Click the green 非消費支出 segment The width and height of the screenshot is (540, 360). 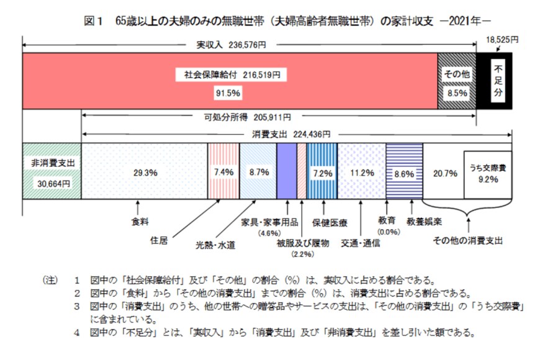point(52,171)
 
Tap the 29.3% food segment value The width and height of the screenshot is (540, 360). point(144,173)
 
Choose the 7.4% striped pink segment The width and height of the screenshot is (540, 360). point(222,172)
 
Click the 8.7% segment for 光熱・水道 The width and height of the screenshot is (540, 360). point(257,172)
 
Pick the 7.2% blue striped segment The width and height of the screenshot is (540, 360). point(322,173)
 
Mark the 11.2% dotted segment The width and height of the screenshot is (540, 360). point(361,173)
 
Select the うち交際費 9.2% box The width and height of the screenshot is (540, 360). point(487,173)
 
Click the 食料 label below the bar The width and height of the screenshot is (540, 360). point(140,220)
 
